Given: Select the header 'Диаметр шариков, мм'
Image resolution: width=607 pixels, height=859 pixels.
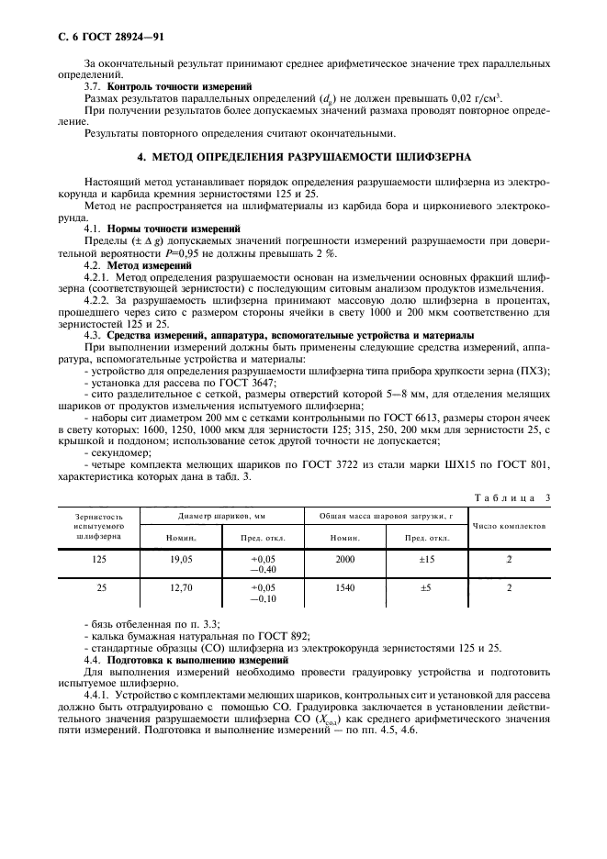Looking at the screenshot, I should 236,517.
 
